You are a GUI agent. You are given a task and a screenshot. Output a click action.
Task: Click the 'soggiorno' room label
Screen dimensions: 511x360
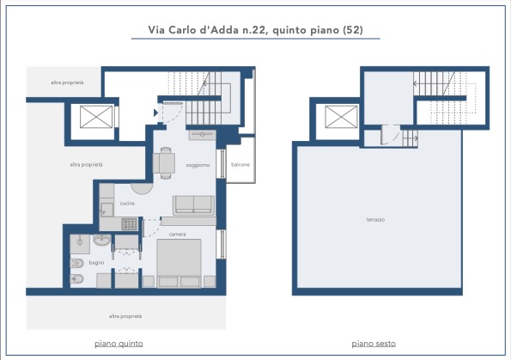[198, 165]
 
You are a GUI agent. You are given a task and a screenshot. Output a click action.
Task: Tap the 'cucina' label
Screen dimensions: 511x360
[127, 203]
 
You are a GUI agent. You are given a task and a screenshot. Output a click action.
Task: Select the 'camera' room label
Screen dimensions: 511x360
[177, 235]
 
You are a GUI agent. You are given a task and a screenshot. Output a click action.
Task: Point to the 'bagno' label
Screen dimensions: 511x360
[96, 263]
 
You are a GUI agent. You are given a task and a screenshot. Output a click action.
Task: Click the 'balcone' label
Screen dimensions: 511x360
[240, 165]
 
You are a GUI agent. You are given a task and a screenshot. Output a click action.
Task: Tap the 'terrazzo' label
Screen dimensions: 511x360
[375, 220]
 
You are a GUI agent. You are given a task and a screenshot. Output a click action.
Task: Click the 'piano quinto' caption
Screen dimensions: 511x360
[119, 344]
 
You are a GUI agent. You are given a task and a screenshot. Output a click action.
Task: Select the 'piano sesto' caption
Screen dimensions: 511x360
[374, 344]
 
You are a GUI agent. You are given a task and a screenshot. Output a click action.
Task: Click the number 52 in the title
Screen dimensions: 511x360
[353, 30]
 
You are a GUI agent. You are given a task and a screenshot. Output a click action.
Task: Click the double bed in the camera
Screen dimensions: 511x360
[179, 264]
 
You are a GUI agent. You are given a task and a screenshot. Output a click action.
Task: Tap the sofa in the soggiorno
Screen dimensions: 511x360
[193, 205]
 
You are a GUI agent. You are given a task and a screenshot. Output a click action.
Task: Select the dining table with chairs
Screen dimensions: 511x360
[165, 163]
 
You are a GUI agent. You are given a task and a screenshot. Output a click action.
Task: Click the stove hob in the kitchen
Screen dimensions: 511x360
[130, 224]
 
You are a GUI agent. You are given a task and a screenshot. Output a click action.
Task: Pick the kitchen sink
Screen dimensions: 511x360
[106, 210]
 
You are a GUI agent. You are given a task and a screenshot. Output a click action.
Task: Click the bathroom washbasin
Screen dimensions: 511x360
[101, 241]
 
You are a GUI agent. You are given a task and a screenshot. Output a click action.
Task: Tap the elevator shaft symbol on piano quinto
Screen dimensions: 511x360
[96, 116]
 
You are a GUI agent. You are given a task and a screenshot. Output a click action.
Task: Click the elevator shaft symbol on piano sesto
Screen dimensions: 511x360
[341, 116]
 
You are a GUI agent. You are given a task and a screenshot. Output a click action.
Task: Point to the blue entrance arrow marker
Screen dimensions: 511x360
[155, 113]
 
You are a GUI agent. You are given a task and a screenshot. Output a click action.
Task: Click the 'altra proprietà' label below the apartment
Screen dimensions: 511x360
[125, 316]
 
